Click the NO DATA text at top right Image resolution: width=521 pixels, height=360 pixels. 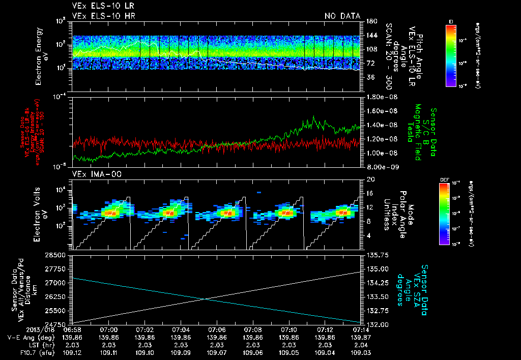[342, 16]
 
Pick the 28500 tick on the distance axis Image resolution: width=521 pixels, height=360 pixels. [58, 255]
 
